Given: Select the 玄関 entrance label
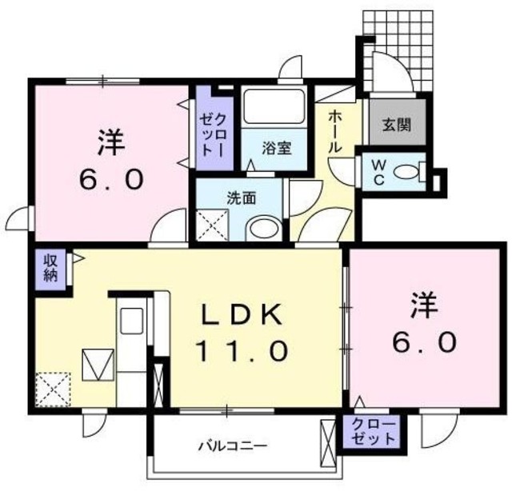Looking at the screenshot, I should [395, 125].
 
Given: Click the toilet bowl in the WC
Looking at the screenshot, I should [410, 170].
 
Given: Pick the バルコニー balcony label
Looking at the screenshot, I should [233, 445].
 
